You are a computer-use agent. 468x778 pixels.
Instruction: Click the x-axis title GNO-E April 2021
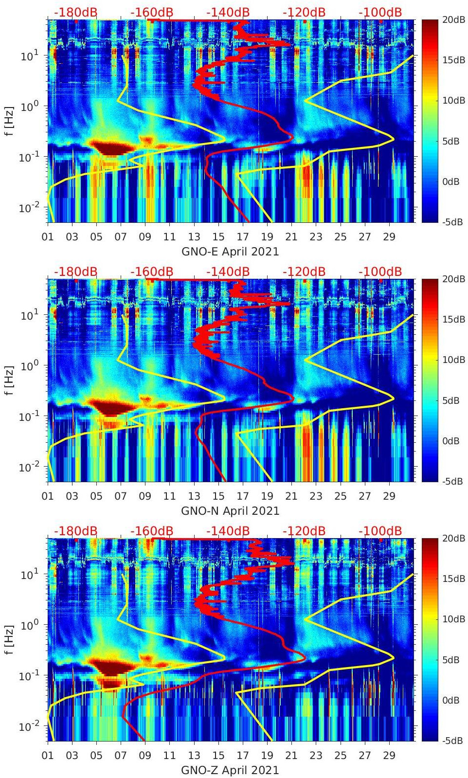(x=230, y=252)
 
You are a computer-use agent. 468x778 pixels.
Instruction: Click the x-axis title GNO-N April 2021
(x=230, y=511)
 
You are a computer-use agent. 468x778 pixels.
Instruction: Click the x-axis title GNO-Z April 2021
(x=230, y=770)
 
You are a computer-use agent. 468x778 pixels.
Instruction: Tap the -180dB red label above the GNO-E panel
(x=75, y=12)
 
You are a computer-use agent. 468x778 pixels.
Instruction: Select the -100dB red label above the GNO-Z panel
(x=380, y=531)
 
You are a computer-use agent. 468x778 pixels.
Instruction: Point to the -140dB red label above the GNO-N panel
(x=228, y=271)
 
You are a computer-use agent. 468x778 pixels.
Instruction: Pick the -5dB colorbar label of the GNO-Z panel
(x=452, y=741)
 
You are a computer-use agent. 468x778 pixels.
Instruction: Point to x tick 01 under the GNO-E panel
(x=48, y=237)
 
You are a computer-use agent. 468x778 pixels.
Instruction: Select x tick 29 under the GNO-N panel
(x=389, y=496)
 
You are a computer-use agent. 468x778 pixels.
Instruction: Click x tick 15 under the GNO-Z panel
(x=218, y=756)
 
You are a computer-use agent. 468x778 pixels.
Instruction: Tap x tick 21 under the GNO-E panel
(x=291, y=237)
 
